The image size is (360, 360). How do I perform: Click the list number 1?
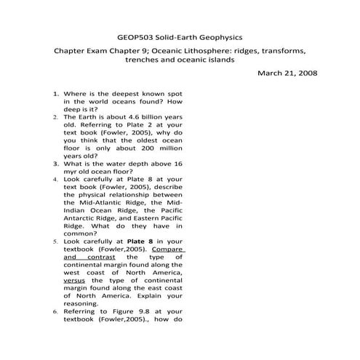click(55, 95)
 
